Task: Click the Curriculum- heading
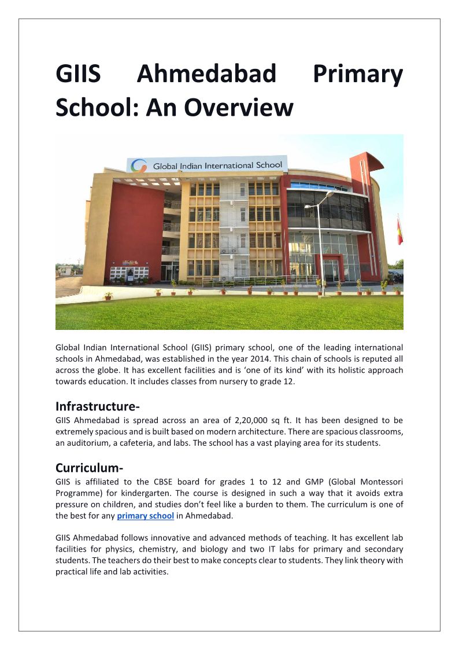[x=90, y=467]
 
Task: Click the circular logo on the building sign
[x=139, y=166]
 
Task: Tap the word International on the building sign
[x=226, y=165]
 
